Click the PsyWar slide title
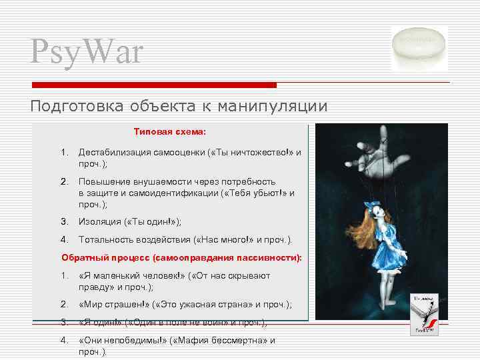(x=87, y=52)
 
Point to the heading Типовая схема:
(x=170, y=131)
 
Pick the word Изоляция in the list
(x=100, y=222)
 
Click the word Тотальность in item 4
(x=107, y=239)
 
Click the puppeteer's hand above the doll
(x=373, y=153)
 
